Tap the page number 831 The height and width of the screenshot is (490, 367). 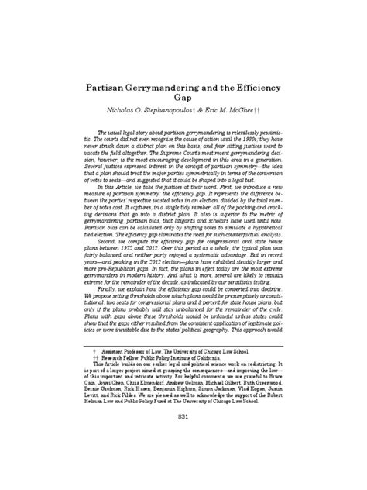pyautogui.click(x=183, y=440)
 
